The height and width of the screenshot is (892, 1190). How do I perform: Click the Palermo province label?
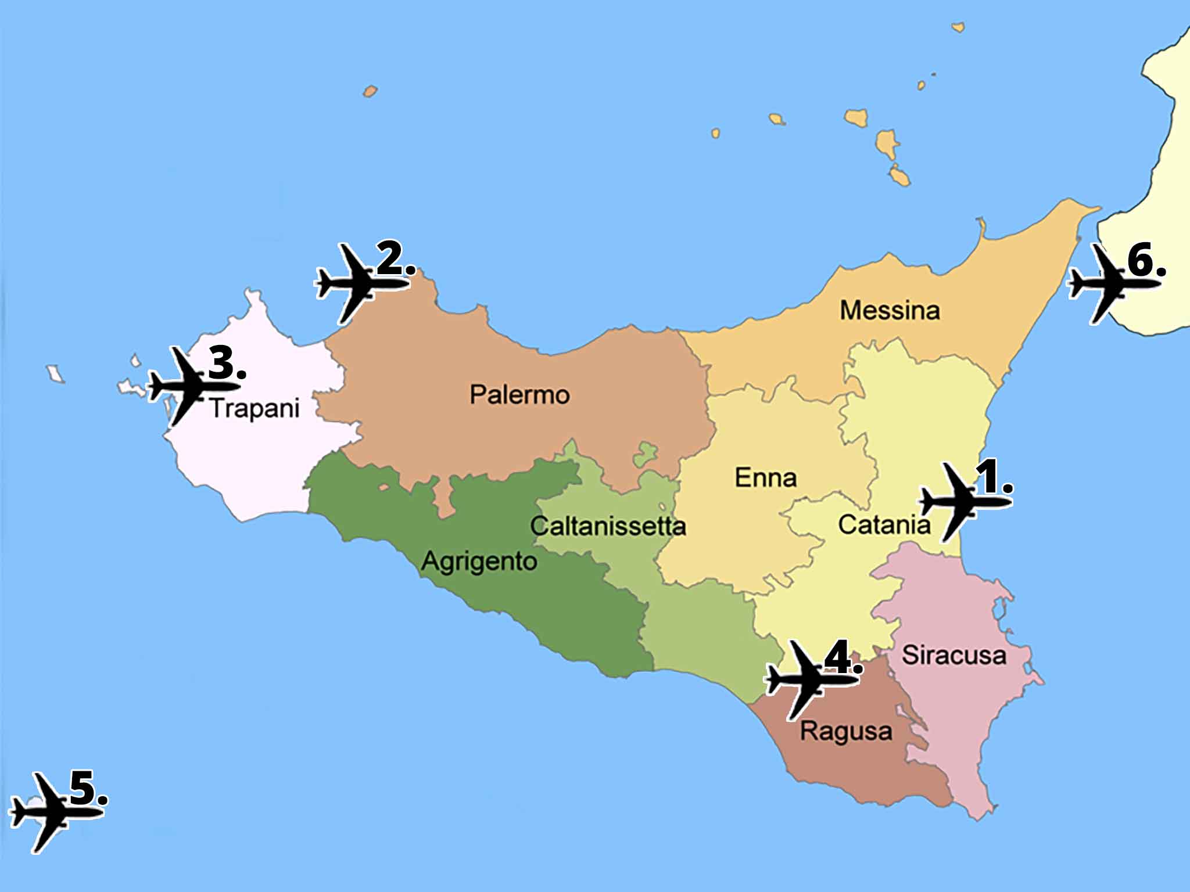coord(519,395)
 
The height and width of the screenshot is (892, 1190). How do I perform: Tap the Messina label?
coord(890,311)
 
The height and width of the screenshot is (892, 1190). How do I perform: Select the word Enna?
coord(765,478)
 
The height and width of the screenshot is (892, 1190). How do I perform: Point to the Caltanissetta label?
coord(608,526)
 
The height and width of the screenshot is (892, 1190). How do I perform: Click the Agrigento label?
coord(479,562)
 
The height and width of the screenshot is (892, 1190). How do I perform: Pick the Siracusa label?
coord(954,656)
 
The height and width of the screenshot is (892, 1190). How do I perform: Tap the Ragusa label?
coord(846,731)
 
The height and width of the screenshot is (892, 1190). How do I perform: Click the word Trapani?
coord(255,408)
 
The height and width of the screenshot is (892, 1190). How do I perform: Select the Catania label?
coord(884,525)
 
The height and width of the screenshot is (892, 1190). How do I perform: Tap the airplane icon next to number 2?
coord(356,284)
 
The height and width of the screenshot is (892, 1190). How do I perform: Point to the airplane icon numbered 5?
coord(49,812)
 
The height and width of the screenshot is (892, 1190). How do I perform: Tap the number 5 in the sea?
coord(84,789)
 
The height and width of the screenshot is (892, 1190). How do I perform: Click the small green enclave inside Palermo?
coord(645,454)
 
